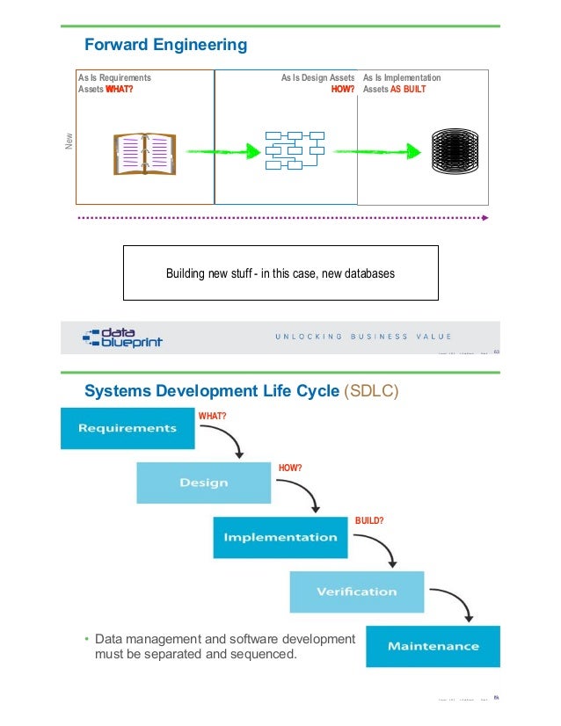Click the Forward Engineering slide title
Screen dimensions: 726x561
[164, 45]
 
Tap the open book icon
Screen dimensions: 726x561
[144, 155]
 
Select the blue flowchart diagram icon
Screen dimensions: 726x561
[295, 150]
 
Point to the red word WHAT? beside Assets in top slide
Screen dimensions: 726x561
[120, 90]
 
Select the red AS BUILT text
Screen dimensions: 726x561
[408, 90]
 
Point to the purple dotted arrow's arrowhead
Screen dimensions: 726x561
[484, 216]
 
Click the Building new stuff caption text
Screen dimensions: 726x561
[280, 273]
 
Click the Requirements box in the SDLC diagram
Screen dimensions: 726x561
[127, 428]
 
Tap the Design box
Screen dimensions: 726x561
[203, 483]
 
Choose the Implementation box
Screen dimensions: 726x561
[280, 536]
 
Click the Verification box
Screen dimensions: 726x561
[356, 592]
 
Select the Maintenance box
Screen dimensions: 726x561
[433, 646]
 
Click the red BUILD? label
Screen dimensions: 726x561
[369, 520]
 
